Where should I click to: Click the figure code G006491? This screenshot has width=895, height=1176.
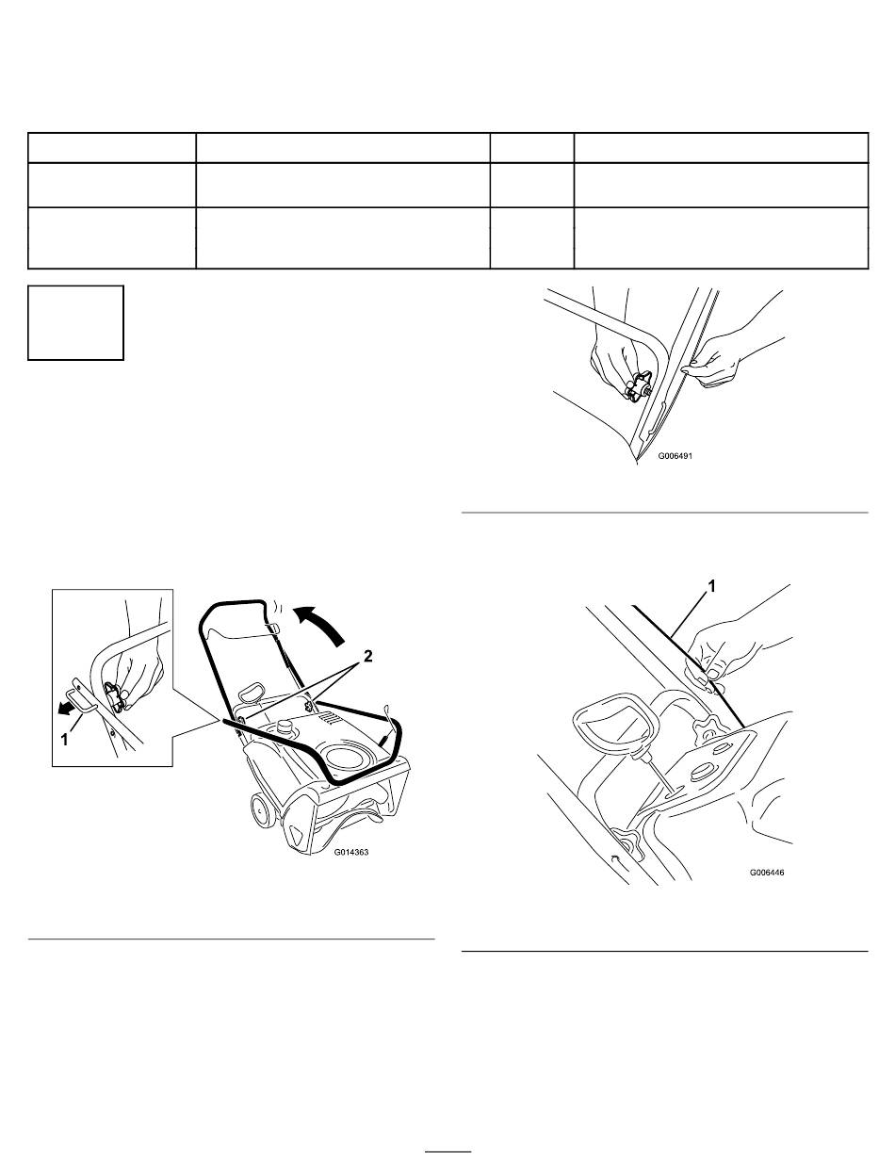[x=675, y=456]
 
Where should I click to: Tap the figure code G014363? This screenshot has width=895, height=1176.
[x=351, y=852]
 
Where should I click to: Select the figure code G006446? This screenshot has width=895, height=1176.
[x=767, y=873]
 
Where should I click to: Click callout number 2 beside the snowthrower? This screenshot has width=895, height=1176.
[x=368, y=656]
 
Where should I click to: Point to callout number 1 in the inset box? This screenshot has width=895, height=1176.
[x=64, y=740]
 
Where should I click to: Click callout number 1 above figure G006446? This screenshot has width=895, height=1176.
[x=712, y=587]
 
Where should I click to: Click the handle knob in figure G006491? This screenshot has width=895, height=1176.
[x=637, y=385]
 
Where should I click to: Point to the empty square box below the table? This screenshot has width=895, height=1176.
[x=75, y=322]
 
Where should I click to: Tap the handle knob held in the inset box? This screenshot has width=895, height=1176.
[x=115, y=696]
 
